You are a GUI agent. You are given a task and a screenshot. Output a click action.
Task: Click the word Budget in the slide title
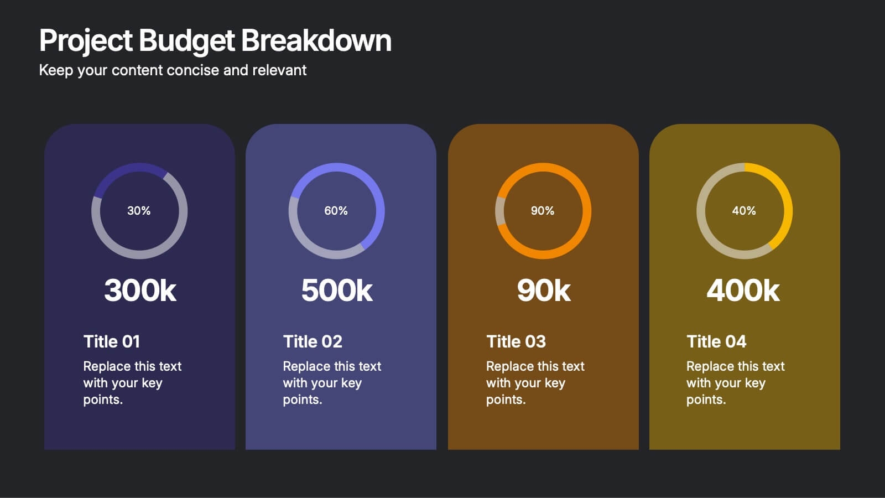[x=187, y=41]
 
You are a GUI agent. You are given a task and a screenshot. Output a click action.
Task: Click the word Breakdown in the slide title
[x=316, y=41]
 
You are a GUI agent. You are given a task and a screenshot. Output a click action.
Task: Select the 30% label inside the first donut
[x=139, y=211]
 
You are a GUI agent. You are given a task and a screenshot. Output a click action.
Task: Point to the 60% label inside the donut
[x=336, y=211]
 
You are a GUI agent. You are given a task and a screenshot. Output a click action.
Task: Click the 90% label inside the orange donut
[x=543, y=211]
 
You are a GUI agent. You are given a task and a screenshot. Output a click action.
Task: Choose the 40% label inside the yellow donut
[x=744, y=211]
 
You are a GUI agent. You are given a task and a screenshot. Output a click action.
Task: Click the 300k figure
[x=140, y=290]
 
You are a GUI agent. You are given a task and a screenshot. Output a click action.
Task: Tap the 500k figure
[x=337, y=290]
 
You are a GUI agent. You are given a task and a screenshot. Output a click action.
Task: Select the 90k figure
[x=544, y=290]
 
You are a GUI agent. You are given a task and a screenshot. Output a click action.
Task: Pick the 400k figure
[x=743, y=290]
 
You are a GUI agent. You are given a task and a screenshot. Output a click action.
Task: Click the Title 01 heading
[x=112, y=341]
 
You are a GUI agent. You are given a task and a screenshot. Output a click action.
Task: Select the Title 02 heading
[x=313, y=341]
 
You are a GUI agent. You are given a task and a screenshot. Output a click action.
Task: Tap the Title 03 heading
[x=516, y=341]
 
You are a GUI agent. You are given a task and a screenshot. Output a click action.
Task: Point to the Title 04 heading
[x=716, y=341]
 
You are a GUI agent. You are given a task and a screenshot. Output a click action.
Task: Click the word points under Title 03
[x=504, y=400]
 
